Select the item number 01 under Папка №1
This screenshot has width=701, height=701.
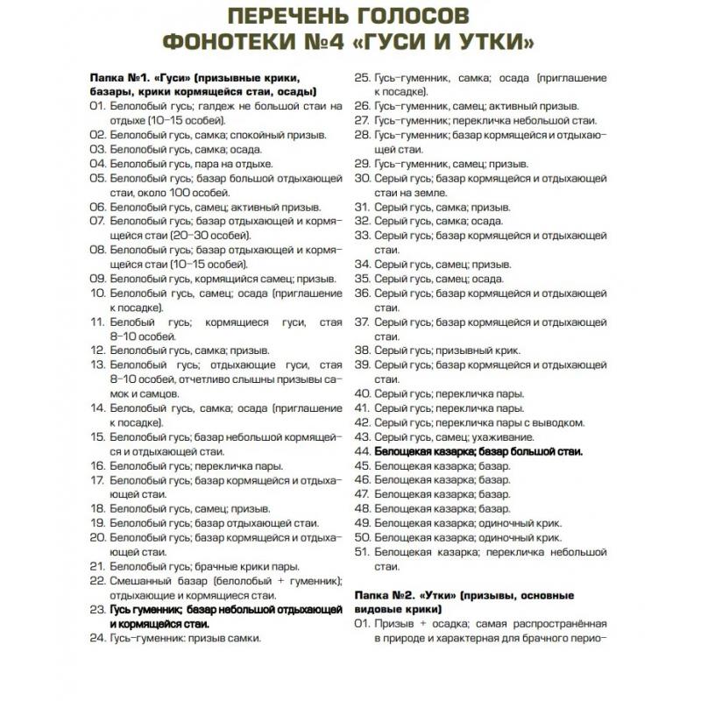pyautogui.click(x=97, y=106)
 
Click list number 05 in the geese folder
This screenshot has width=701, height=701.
pyautogui.click(x=97, y=178)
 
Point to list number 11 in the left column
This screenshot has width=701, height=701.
pyautogui.click(x=97, y=322)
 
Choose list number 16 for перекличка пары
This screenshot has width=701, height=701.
pyautogui.click(x=97, y=465)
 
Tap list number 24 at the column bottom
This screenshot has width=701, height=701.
pyautogui.click(x=97, y=638)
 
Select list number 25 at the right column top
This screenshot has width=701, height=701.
pyautogui.click(x=362, y=78)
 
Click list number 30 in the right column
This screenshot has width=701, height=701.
pyautogui.click(x=362, y=178)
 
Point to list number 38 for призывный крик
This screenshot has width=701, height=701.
pyautogui.click(x=362, y=350)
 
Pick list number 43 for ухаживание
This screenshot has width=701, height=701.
pyautogui.click(x=362, y=436)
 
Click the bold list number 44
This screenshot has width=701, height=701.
pyautogui.click(x=362, y=451)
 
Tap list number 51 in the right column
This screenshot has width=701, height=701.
pyautogui.click(x=362, y=552)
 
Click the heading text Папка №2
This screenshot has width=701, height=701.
pyautogui.click(x=385, y=595)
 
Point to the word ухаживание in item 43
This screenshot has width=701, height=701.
pyautogui.click(x=502, y=436)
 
